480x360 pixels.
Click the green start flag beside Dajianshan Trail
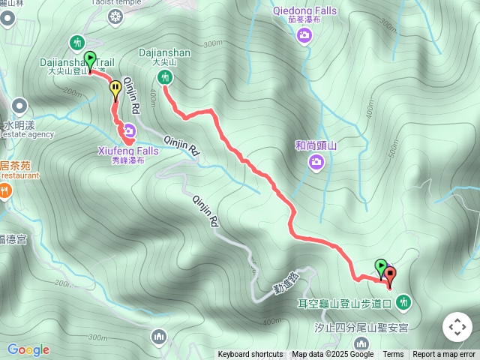pos(90,58)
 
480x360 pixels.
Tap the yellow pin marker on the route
pos(115,90)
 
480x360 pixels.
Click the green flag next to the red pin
pos(381,267)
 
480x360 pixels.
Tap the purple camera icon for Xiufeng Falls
pos(129,134)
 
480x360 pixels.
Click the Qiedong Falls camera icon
pos(304,35)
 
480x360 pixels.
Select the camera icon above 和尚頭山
pos(316,162)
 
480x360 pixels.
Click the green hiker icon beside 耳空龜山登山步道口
pos(405,301)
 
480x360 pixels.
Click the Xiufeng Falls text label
pos(127,151)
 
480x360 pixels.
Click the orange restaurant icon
pos(5,191)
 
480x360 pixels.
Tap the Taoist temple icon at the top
pos(115,16)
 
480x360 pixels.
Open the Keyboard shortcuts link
pos(250,354)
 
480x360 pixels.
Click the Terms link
pos(393,354)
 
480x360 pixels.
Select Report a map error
pos(445,354)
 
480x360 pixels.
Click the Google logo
pos(28,349)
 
